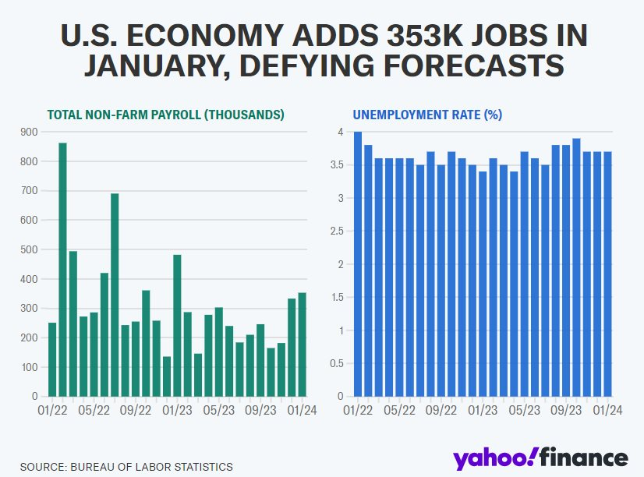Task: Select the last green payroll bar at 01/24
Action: tap(302, 344)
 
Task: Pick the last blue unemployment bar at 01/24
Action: tap(608, 274)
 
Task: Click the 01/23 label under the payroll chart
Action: tap(178, 409)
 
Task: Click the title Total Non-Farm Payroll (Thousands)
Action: tap(165, 115)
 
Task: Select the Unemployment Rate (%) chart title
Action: tap(427, 115)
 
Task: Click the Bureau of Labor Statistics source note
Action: tap(126, 466)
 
